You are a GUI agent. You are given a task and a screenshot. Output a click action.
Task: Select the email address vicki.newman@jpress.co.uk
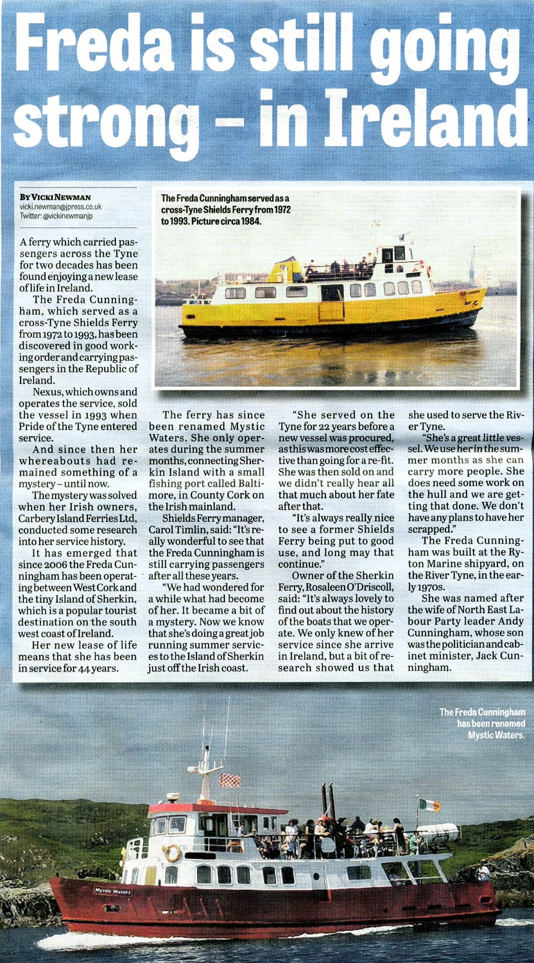[x=60, y=207]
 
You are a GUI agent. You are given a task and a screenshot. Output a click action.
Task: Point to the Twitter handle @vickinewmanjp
[x=67, y=216]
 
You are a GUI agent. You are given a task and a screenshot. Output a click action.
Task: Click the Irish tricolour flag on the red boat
[x=429, y=804]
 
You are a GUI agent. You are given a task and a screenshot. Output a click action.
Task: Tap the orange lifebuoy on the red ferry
[x=173, y=853]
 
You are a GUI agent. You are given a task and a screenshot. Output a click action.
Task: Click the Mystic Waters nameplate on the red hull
[x=113, y=891]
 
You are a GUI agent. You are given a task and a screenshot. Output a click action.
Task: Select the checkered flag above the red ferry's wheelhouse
[x=230, y=780]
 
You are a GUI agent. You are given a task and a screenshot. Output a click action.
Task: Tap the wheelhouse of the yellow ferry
[x=397, y=254]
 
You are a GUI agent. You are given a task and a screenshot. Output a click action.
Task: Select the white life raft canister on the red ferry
[x=440, y=833]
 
